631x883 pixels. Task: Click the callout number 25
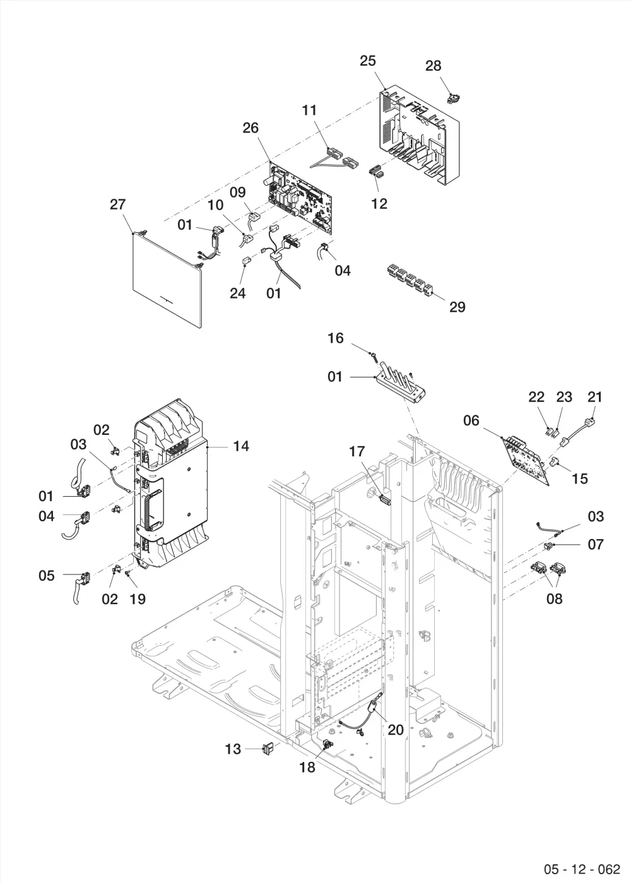coord(368,61)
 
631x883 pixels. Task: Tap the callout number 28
coord(433,66)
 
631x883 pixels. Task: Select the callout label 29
coord(457,307)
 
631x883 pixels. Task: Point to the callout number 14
coord(241,446)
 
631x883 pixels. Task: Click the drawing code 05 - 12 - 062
coord(582,869)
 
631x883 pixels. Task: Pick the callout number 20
coord(396,730)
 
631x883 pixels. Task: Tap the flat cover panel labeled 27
coord(167,279)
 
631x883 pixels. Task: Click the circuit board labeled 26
coord(300,196)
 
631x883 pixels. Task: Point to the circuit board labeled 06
coord(525,460)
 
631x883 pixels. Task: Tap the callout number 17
coord(357,451)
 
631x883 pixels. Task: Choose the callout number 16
coord(336,338)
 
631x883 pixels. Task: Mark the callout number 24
coord(238,293)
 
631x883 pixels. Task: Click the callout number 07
coord(596,545)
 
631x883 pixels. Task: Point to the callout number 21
coord(595,397)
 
